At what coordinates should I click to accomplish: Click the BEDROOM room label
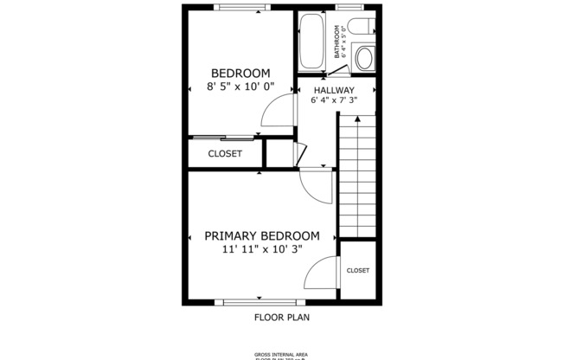[240, 74]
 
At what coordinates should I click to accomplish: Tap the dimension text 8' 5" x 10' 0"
[240, 87]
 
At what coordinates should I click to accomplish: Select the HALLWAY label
[334, 90]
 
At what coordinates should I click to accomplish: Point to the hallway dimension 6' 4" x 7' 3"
[334, 101]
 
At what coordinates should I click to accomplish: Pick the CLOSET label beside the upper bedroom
[225, 154]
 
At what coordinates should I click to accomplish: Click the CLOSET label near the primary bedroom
[358, 271]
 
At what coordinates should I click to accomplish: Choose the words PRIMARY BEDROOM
[261, 235]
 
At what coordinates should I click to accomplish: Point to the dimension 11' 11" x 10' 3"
[261, 249]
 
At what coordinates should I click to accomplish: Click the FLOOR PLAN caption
[282, 317]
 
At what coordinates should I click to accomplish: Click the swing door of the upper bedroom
[279, 112]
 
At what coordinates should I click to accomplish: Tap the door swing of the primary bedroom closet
[323, 276]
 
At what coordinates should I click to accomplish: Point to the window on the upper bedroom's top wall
[241, 8]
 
